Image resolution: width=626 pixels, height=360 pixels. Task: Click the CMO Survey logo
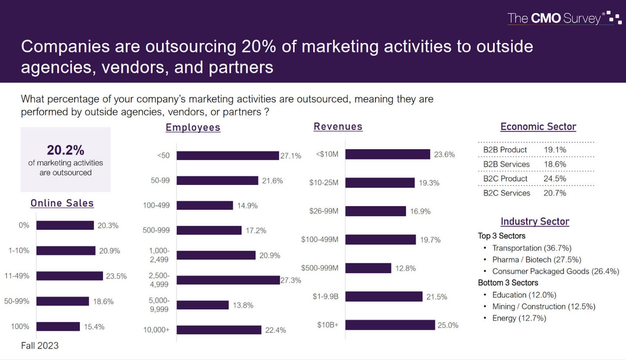pyautogui.click(x=563, y=18)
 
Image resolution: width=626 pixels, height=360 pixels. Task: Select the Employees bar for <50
pyautogui.click(x=228, y=155)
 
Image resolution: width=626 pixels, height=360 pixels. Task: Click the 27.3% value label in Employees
pyautogui.click(x=291, y=280)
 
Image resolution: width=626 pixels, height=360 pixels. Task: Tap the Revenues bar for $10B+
pyautogui.click(x=390, y=325)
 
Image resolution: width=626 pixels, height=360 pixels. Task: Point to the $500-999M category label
pyautogui.click(x=320, y=268)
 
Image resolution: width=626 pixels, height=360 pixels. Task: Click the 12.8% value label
pyautogui.click(x=405, y=268)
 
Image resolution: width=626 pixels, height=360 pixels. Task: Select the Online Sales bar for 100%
pyautogui.click(x=58, y=326)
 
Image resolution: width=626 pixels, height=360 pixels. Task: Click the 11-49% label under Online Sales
pyautogui.click(x=17, y=276)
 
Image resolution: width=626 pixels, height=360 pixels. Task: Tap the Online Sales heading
pyautogui.click(x=62, y=203)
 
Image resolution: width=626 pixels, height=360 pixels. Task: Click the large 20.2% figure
pyautogui.click(x=66, y=150)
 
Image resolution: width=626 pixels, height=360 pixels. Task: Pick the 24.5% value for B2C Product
pyautogui.click(x=555, y=178)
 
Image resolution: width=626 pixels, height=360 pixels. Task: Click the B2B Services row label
pyautogui.click(x=506, y=164)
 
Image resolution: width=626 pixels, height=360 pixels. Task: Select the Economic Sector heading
pyautogui.click(x=538, y=127)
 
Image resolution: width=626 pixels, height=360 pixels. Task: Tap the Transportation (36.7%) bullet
pyautogui.click(x=531, y=248)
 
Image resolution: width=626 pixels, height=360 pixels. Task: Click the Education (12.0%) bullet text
pyautogui.click(x=524, y=295)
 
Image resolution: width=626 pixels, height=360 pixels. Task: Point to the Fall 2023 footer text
pyautogui.click(x=40, y=346)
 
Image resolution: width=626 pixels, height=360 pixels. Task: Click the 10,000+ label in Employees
pyautogui.click(x=156, y=330)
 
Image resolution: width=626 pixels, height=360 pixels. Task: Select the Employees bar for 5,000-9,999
pyautogui.click(x=202, y=305)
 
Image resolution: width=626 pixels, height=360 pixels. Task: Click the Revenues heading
pyautogui.click(x=338, y=127)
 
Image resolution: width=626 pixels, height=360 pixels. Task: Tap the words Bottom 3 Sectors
pyautogui.click(x=508, y=283)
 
